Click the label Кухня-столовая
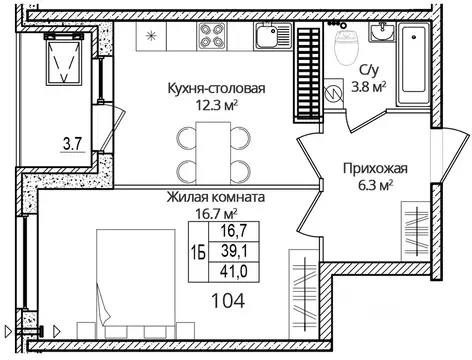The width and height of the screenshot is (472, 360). pos(216,88)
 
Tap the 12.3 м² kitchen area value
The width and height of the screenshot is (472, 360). pos(216,103)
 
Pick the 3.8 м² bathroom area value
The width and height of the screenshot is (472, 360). pos(366,87)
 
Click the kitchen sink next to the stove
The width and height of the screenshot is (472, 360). pos(268,41)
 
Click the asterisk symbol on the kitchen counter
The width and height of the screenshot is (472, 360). pos(152,38)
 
